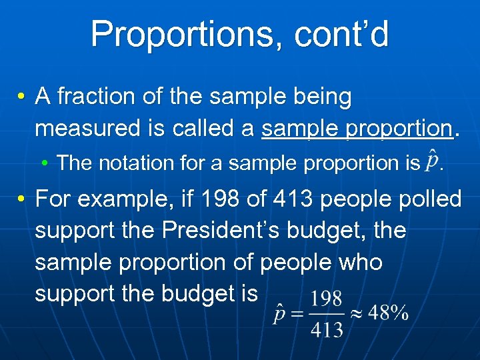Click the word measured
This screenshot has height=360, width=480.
point(89,128)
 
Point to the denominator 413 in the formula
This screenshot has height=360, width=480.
point(327,329)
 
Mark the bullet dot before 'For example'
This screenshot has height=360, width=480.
point(22,199)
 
